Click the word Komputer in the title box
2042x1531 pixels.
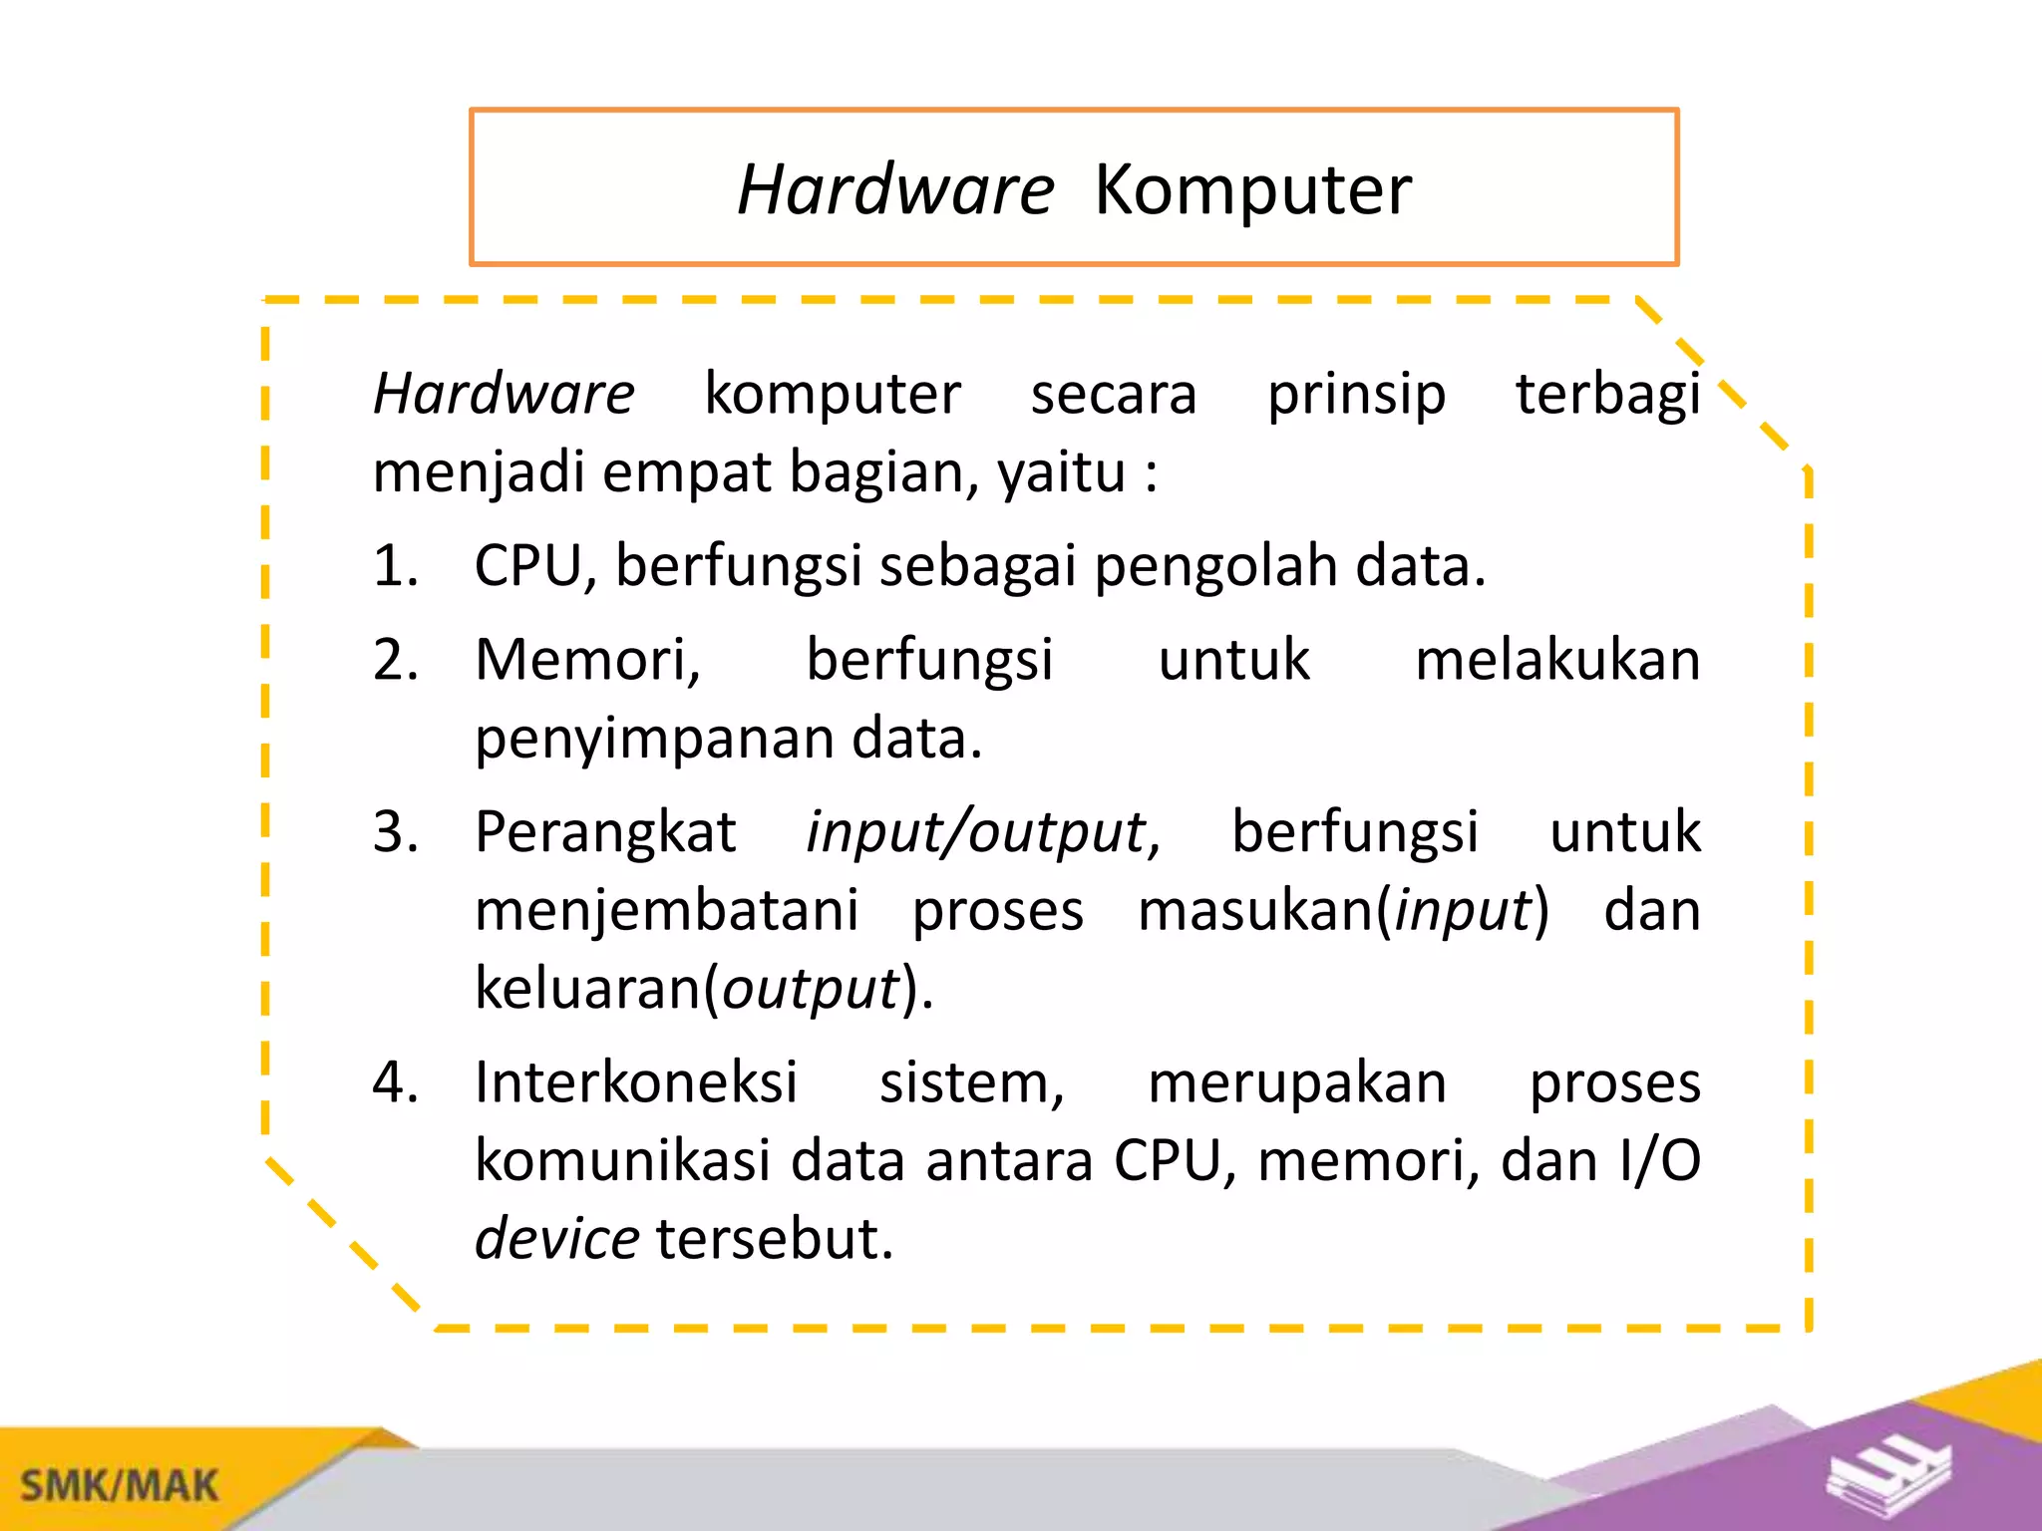pos(1252,189)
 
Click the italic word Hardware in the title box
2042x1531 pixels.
pos(894,189)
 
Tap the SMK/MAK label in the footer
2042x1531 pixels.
pos(119,1486)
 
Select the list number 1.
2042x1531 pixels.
pos(394,566)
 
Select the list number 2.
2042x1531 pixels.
pos(394,660)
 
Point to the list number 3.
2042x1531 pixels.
pos(394,832)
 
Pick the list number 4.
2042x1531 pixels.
pos(394,1082)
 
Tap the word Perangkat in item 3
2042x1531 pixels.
pos(605,832)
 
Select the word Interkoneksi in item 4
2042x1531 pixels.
pos(636,1082)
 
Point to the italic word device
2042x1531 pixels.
pos(556,1239)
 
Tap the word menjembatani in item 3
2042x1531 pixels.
pos(666,911)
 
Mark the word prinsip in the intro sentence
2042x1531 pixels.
pos(1356,395)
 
